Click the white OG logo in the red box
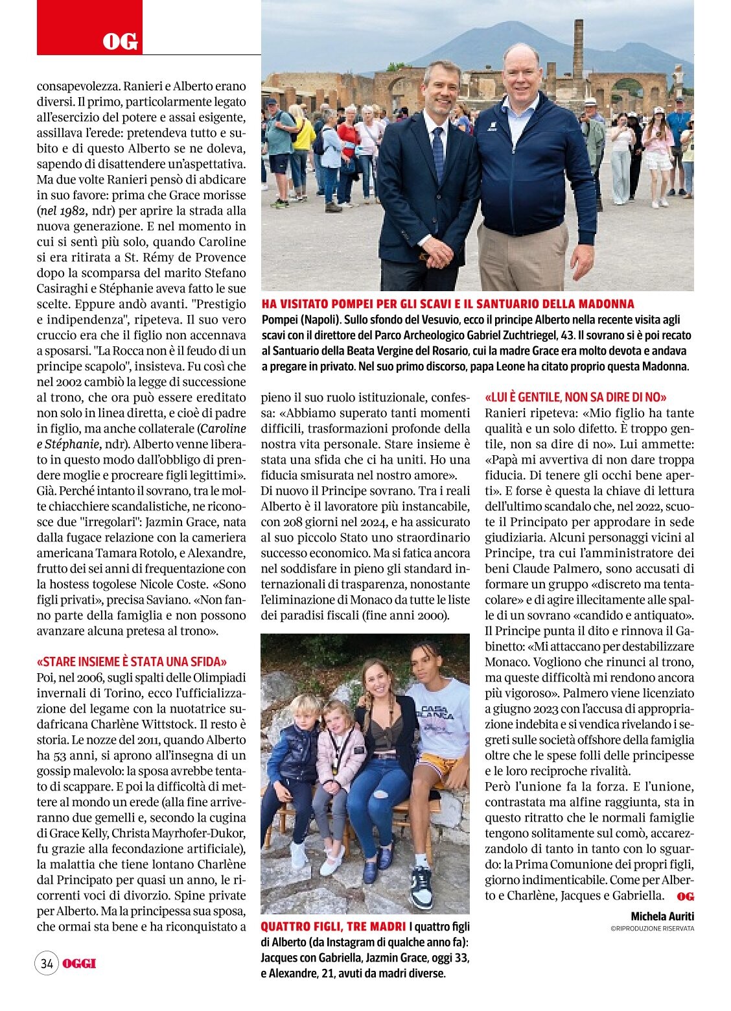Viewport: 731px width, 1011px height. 121,42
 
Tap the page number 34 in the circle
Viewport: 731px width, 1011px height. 47,963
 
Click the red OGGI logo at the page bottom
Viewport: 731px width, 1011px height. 79,963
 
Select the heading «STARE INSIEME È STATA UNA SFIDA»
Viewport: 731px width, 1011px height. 132,661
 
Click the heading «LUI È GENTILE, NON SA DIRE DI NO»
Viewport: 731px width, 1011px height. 575,397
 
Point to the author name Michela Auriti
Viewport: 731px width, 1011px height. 662,916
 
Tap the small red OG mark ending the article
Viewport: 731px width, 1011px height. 685,896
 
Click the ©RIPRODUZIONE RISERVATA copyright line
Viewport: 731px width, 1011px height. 651,929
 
